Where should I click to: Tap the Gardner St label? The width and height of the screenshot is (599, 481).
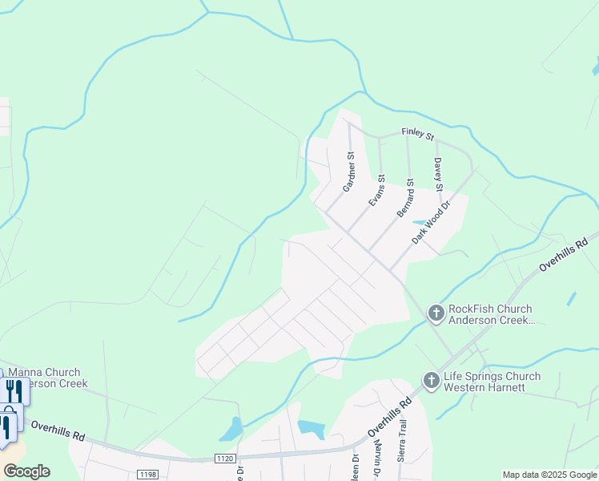(348, 173)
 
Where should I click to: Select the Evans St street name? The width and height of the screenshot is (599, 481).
(376, 191)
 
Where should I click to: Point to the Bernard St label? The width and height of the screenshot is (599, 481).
(405, 198)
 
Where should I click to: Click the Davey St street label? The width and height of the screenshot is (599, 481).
(438, 174)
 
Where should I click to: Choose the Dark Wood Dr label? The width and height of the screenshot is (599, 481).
(432, 223)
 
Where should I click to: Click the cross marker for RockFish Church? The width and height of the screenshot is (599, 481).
(436, 313)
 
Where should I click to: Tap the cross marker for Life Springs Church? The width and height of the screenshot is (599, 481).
(431, 381)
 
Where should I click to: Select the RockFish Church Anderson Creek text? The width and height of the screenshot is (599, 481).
(491, 314)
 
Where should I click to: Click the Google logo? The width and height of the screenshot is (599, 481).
(26, 471)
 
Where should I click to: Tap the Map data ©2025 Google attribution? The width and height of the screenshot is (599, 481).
(550, 475)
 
